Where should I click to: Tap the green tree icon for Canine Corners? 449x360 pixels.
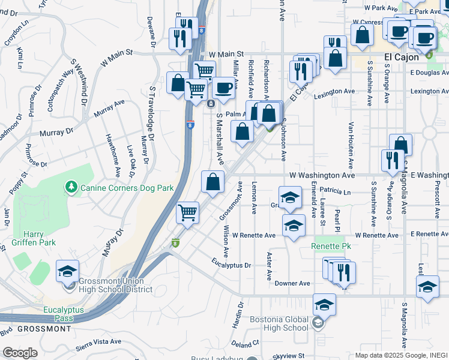pos(71,188)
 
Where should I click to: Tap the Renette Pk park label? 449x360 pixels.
pos(331,247)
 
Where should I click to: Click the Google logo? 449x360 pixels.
pos(20,352)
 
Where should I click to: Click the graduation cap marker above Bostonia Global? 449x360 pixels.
pos(324,306)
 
